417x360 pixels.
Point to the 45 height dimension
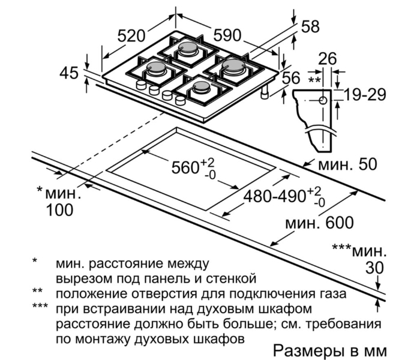pyautogui.click(x=69, y=73)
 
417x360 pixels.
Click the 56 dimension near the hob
pyautogui.click(x=291, y=77)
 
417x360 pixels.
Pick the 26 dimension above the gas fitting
pyautogui.click(x=326, y=58)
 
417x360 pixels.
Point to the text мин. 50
pyautogui.click(x=350, y=164)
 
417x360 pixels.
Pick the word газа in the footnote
pyautogui.click(x=330, y=294)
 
